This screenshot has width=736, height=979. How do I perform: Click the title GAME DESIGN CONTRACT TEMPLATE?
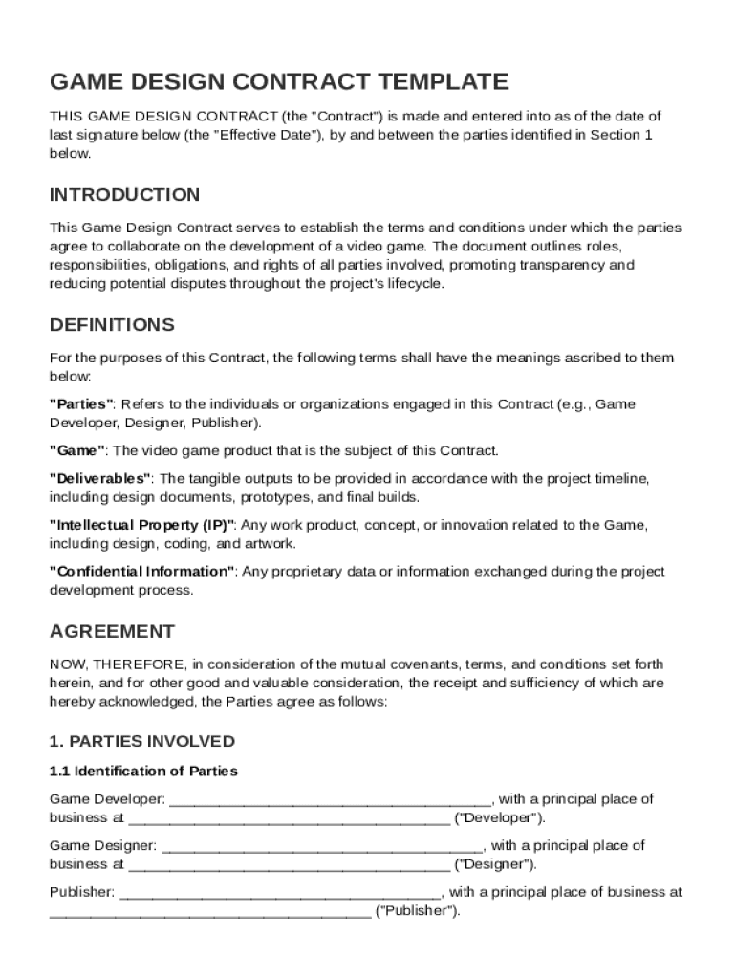[x=278, y=81]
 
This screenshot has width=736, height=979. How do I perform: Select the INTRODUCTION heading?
[x=124, y=195]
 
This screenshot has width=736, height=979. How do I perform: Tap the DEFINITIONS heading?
[x=112, y=325]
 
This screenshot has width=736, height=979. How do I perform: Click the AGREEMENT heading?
[x=112, y=632]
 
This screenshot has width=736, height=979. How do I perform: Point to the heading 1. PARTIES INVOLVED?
[x=141, y=742]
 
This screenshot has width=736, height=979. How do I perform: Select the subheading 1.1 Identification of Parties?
[x=143, y=771]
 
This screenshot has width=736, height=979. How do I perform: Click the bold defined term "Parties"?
[x=82, y=404]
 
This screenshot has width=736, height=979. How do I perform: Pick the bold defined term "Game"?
[x=76, y=450]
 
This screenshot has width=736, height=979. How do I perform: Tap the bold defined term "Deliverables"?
[x=100, y=478]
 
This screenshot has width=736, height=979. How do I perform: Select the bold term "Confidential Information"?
[x=142, y=572]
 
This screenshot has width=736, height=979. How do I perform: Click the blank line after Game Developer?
[x=330, y=799]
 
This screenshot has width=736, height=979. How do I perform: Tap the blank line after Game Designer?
[x=323, y=846]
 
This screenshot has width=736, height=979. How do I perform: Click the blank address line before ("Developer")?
[x=289, y=818]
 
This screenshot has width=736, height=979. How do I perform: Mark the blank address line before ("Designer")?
[x=289, y=864]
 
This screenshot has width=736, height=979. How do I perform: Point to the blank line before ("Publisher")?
[x=210, y=911]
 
